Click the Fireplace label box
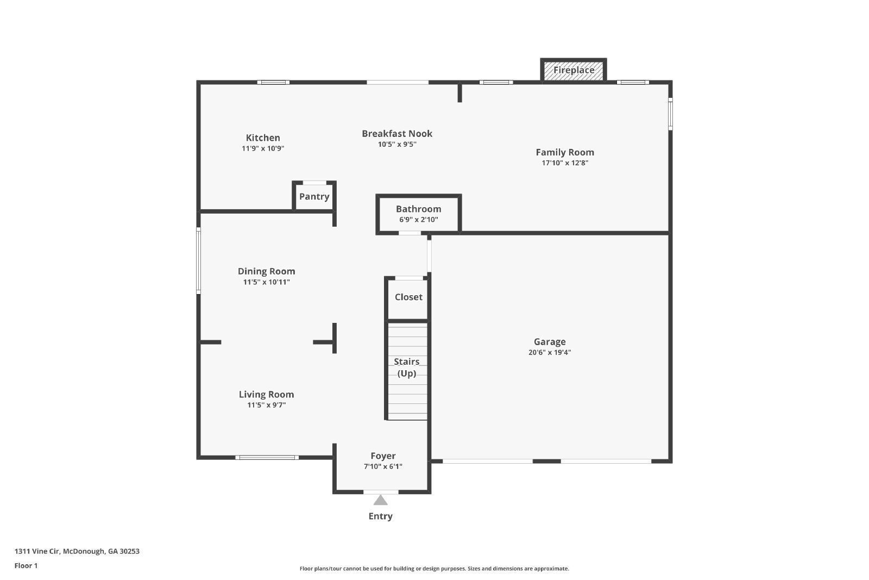click(x=574, y=70)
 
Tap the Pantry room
click(x=314, y=197)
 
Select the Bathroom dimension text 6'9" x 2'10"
click(x=418, y=220)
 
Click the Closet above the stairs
click(x=408, y=297)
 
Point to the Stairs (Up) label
click(x=407, y=367)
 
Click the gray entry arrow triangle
click(x=380, y=500)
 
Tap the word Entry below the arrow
click(x=380, y=516)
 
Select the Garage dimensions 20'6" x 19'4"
click(x=550, y=352)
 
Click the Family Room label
click(x=565, y=152)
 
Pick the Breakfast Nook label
click(x=397, y=133)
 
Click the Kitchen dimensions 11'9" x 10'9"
click(x=263, y=148)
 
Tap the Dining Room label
click(x=266, y=271)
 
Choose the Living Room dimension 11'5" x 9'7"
click(x=266, y=405)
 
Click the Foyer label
click(x=383, y=456)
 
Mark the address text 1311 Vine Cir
click(x=37, y=551)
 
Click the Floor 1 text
click(x=26, y=566)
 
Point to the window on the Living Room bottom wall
click(x=267, y=458)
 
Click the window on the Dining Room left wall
click(x=199, y=261)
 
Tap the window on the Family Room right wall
click(x=670, y=114)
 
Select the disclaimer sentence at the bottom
click(x=434, y=569)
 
